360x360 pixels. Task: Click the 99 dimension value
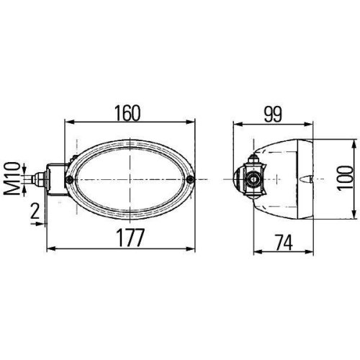274,113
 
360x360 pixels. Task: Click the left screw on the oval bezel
69,179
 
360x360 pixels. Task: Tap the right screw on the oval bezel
190,179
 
